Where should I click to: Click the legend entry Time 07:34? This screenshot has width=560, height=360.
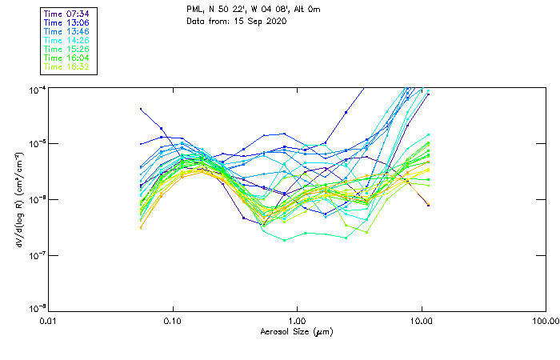point(67,14)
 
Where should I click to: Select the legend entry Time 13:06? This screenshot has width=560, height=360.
point(67,23)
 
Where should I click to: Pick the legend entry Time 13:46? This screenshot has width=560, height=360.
point(67,32)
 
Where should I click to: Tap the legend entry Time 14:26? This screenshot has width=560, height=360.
point(67,41)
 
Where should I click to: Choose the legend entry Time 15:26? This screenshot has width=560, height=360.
point(67,50)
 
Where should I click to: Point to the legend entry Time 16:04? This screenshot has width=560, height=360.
point(67,58)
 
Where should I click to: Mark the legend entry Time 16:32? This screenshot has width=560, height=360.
point(67,67)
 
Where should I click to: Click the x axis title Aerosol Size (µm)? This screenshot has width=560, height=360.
point(297,331)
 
